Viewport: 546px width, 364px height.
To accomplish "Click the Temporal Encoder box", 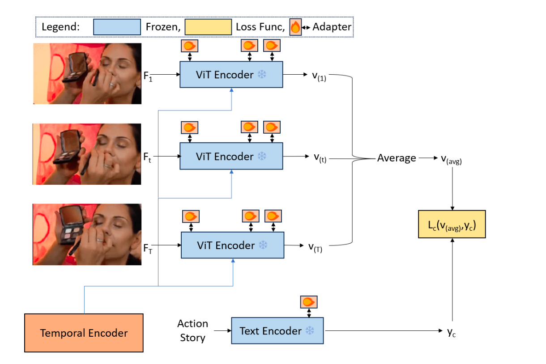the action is [84, 333].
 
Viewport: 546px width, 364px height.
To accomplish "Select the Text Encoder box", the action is [277, 330].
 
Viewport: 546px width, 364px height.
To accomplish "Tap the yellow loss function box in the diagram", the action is [452, 224].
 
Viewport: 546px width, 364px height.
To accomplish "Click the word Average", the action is [397, 158].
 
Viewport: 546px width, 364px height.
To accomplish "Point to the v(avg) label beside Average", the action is [452, 160].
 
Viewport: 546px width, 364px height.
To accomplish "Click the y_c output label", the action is [452, 332].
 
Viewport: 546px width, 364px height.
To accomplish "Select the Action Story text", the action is [192, 330].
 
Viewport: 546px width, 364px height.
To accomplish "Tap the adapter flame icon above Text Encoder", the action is [309, 302].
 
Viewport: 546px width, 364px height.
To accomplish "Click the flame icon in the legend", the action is [295, 27].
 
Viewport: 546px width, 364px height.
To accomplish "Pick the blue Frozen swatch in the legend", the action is [117, 27].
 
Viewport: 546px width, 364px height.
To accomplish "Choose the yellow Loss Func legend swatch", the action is [208, 27].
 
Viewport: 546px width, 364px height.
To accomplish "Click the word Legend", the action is [61, 27].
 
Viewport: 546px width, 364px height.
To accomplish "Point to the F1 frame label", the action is [148, 76].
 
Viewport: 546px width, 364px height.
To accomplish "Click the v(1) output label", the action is [319, 76].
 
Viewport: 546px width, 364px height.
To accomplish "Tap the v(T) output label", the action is [315, 248].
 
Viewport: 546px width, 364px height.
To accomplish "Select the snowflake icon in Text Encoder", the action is [310, 330].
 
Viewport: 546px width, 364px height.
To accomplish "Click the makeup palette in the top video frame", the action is [75, 67].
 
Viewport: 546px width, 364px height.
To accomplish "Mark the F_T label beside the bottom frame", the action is [148, 249].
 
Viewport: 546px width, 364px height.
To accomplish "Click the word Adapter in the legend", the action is [332, 27].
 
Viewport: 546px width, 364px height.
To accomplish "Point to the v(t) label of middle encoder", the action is [320, 158].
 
